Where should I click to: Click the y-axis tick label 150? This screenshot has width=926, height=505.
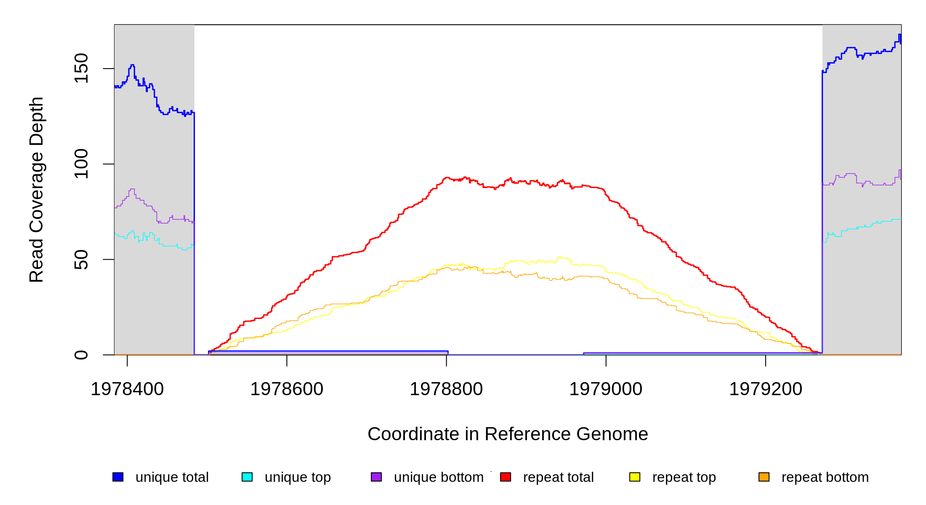(81, 68)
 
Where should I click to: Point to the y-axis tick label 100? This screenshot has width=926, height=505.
(81, 164)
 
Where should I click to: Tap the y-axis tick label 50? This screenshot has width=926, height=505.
(81, 259)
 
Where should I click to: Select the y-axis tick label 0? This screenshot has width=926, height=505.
(81, 355)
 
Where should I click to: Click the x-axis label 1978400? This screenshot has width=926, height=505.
(127, 389)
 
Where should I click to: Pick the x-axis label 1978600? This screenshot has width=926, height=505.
(287, 389)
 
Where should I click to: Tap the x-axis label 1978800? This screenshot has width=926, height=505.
(446, 389)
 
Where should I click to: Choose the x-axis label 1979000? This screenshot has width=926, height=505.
(606, 389)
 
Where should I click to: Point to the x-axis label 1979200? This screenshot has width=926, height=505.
(766, 389)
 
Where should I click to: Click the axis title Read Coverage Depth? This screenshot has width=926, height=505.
(36, 189)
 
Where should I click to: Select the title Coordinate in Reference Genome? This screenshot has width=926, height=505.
(508, 434)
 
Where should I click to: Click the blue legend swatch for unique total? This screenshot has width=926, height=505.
(118, 477)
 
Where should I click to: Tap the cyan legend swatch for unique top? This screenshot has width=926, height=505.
(247, 477)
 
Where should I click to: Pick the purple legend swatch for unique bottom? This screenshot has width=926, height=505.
(376, 477)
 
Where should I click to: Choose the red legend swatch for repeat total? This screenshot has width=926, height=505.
(506, 477)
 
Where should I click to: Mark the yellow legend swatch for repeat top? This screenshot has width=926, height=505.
(635, 477)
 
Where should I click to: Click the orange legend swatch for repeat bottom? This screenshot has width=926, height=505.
(764, 477)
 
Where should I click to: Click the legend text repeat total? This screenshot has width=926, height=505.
(558, 477)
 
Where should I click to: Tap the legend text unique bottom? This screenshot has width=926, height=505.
(439, 477)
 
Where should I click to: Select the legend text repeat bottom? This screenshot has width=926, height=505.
(825, 477)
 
